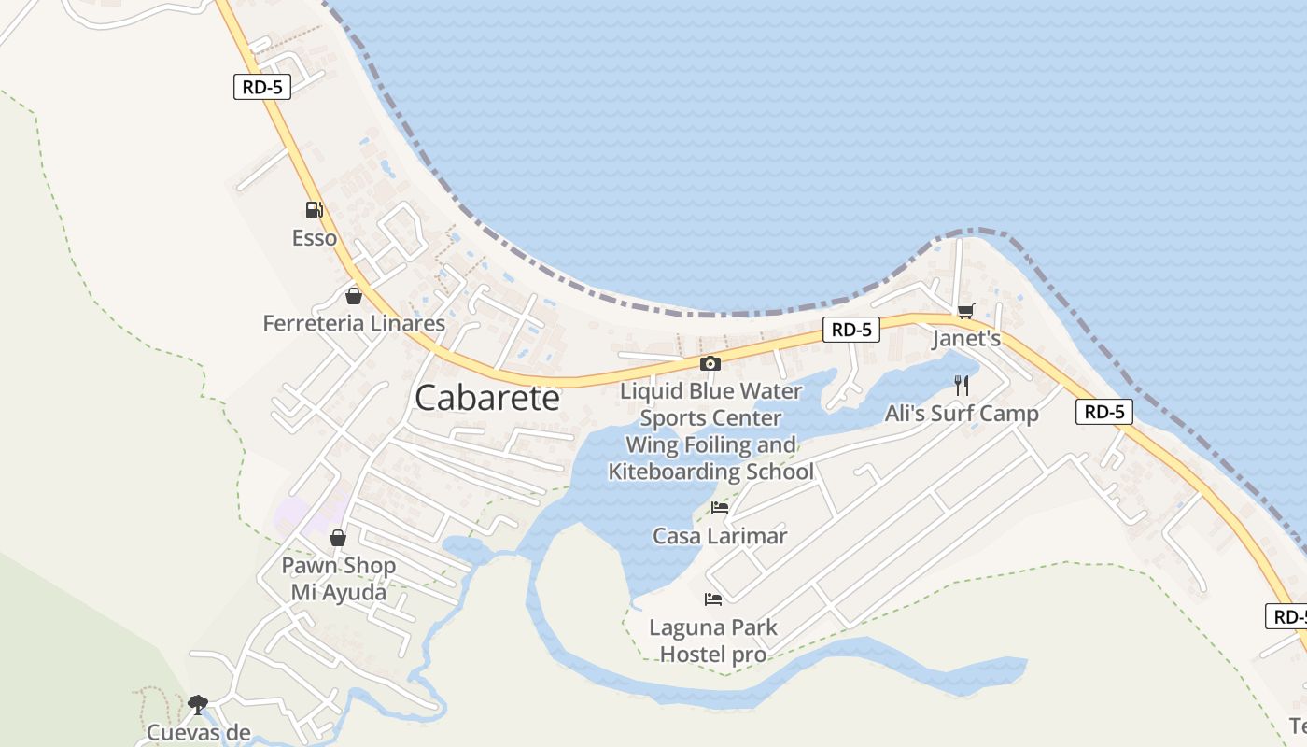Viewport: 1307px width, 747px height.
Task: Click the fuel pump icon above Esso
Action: tap(314, 210)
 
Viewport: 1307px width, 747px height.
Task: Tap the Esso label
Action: tap(315, 238)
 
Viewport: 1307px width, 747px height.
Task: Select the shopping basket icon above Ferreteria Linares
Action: tap(353, 296)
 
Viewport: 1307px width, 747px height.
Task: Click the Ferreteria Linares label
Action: tap(354, 324)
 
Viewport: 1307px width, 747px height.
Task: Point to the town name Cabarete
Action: tap(487, 398)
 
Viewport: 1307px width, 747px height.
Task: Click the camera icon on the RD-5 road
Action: tap(710, 363)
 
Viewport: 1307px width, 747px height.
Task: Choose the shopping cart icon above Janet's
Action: tap(965, 311)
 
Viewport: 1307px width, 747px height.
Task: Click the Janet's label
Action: tap(966, 339)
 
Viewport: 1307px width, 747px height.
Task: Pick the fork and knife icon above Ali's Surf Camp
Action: tap(962, 385)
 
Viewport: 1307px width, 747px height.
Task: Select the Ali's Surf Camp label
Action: tap(962, 414)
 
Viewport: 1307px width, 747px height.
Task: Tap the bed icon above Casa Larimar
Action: tap(720, 508)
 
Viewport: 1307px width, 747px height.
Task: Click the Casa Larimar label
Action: tap(720, 536)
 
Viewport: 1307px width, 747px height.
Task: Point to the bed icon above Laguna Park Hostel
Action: tap(713, 599)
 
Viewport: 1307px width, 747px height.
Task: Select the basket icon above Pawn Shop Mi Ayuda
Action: tap(338, 538)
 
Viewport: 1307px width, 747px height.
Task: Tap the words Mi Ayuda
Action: tap(338, 592)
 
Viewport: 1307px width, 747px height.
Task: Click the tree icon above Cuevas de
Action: tap(197, 703)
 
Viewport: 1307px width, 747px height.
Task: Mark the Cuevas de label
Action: tap(199, 732)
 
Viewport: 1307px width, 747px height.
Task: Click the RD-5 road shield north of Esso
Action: tap(262, 87)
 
